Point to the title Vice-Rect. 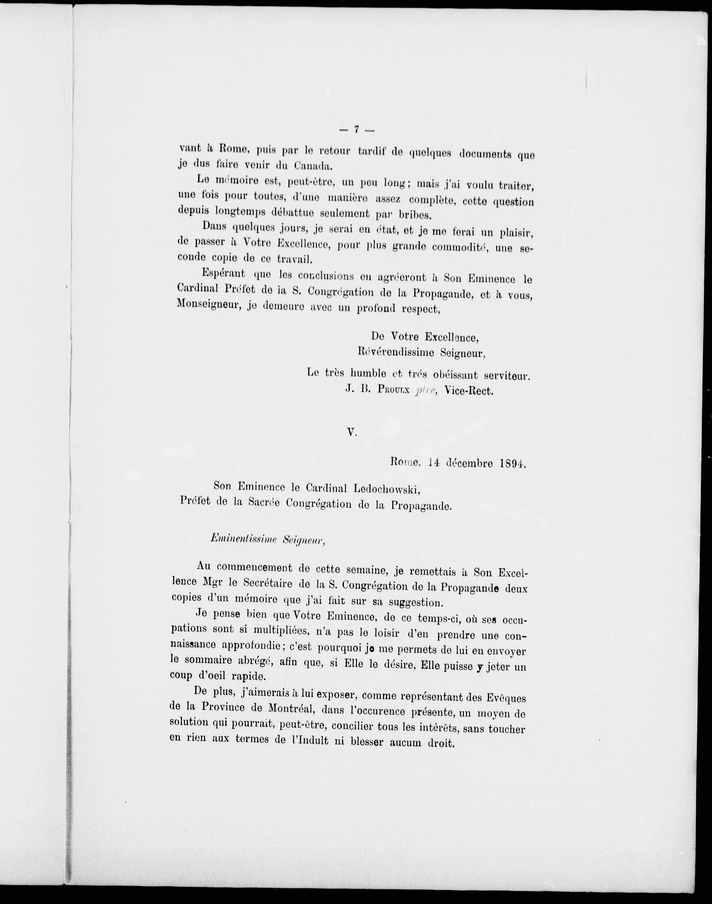click(469, 391)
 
